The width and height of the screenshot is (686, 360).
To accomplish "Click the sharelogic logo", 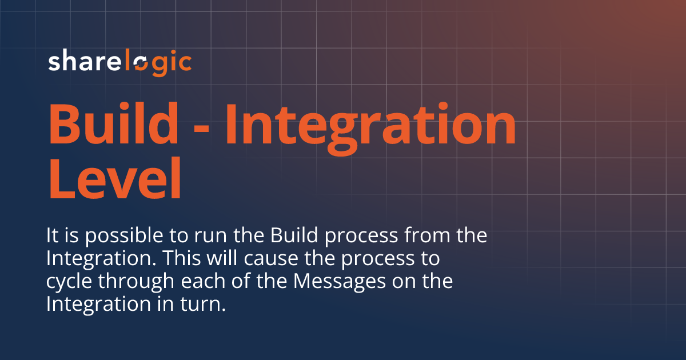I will pyautogui.click(x=119, y=62).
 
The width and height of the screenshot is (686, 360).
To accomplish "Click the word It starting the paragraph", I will pyautogui.click(x=52, y=235).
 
